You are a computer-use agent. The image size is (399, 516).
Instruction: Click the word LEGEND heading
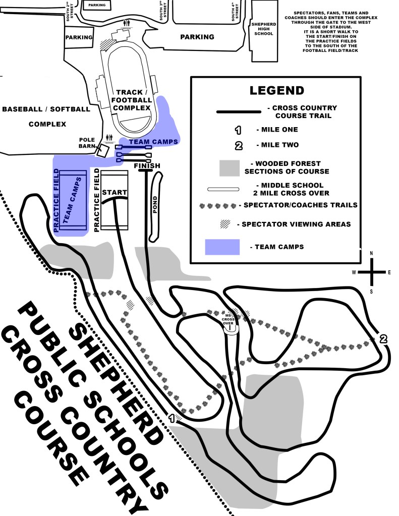(x=277, y=91)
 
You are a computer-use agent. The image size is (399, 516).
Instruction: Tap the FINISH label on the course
(x=147, y=166)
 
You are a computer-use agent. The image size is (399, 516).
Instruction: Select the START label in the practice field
(x=115, y=192)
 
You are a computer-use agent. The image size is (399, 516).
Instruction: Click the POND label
(x=155, y=205)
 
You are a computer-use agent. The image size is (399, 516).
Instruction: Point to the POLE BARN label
(x=87, y=143)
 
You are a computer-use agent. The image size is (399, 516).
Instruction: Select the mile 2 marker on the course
(x=383, y=339)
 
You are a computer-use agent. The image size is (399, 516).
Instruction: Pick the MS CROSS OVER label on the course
(x=230, y=320)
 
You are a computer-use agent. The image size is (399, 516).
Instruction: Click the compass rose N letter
(x=371, y=253)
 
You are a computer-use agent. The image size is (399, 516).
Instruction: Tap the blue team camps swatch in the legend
(x=222, y=247)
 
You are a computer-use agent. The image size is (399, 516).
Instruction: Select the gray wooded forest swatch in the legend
(x=237, y=168)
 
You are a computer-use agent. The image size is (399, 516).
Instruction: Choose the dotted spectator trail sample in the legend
(x=219, y=206)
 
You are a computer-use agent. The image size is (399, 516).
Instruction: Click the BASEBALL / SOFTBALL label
(x=46, y=108)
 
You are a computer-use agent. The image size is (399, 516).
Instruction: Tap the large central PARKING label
(x=197, y=37)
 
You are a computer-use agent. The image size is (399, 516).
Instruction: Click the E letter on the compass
(x=389, y=272)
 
